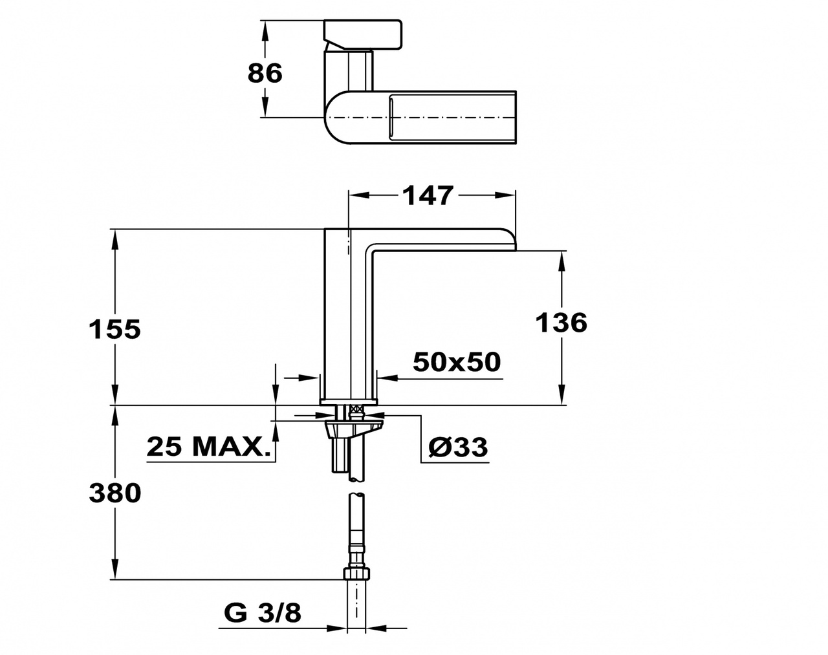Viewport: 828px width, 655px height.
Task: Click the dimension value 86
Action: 265,73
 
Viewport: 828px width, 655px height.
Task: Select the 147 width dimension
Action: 428,195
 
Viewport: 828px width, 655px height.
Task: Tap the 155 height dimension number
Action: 114,329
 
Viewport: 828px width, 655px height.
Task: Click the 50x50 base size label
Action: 457,362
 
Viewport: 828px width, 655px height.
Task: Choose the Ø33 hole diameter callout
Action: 458,447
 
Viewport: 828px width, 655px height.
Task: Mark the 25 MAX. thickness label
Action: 208,447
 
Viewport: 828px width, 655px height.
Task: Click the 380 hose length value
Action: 114,493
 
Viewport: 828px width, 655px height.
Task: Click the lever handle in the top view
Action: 363,36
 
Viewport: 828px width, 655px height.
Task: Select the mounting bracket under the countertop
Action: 354,429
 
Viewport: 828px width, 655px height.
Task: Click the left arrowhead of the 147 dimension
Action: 358,195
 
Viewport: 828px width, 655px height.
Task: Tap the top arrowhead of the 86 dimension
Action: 265,32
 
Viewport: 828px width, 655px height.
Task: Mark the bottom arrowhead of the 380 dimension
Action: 114,568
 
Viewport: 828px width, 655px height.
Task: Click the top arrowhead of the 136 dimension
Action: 561,262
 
